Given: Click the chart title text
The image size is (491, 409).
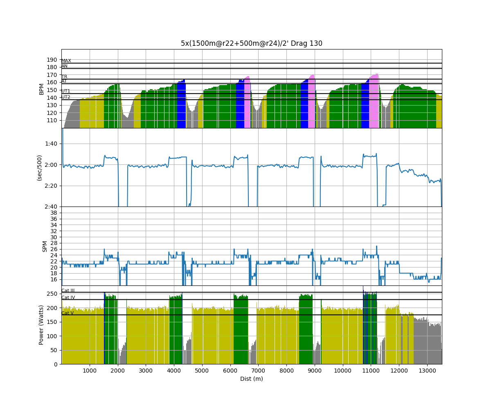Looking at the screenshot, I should point(251,43).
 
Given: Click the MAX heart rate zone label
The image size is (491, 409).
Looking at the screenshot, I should point(66,61).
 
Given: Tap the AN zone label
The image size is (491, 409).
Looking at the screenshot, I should point(64,66).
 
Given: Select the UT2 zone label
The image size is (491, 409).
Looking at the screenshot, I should point(66,97).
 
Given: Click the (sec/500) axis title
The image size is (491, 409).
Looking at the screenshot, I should point(39,168).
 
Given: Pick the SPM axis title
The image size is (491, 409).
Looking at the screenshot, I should point(45,246).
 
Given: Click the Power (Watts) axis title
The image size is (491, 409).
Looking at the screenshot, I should point(41,325).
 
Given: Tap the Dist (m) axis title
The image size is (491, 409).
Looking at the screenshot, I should point(251,379).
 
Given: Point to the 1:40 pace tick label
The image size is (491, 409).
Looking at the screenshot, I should point(52,144).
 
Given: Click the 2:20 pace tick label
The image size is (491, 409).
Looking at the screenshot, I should point(52,186).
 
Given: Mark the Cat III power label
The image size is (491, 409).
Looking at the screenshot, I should point(68,291).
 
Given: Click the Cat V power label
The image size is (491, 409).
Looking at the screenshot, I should point(68,313).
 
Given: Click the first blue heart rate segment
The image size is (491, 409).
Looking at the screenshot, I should point(181,104).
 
